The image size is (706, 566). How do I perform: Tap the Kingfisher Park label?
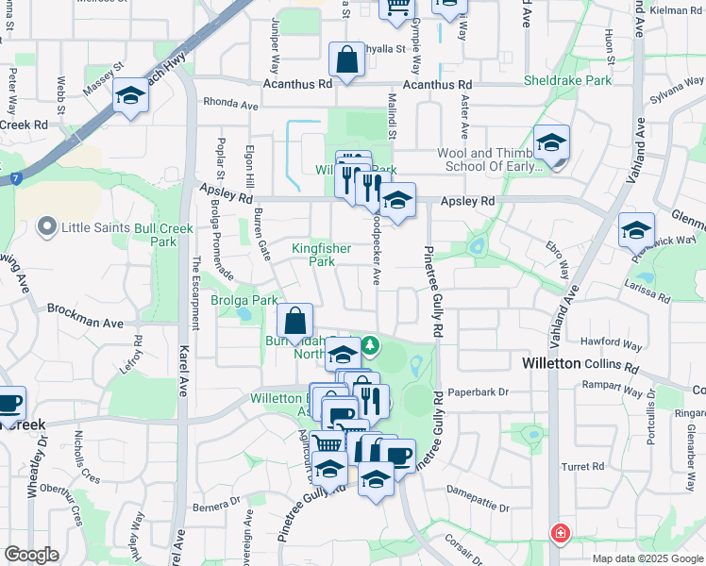321,255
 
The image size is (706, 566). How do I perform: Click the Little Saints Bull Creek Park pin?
45,227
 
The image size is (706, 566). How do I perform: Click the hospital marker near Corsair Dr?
561,534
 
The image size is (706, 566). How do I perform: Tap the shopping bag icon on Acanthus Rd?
347,60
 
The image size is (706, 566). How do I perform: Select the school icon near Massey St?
129,95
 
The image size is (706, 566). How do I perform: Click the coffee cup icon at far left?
8,403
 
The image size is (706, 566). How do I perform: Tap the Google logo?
31,555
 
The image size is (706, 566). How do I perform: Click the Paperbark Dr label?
478,391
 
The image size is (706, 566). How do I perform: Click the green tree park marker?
371,346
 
